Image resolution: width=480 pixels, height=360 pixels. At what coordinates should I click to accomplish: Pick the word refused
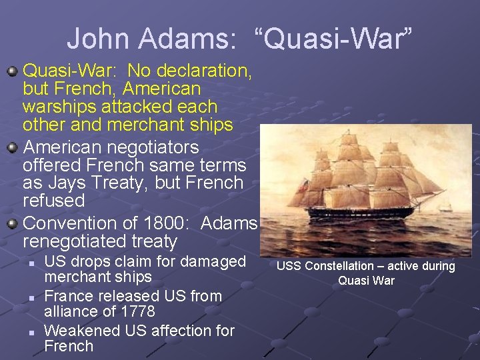coord(53,201)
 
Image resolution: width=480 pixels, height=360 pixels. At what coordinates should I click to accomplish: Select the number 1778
coord(138,311)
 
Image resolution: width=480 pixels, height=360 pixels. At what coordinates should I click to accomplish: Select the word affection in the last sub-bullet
coord(165,330)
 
